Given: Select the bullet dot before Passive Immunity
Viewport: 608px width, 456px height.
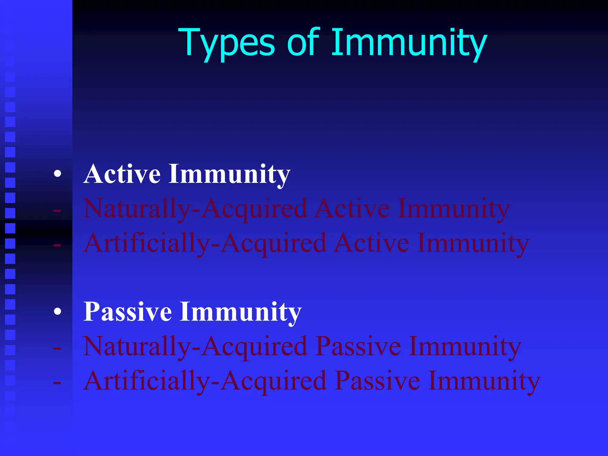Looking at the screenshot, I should [x=58, y=311].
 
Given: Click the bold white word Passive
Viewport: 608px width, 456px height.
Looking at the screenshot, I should [x=128, y=311].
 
